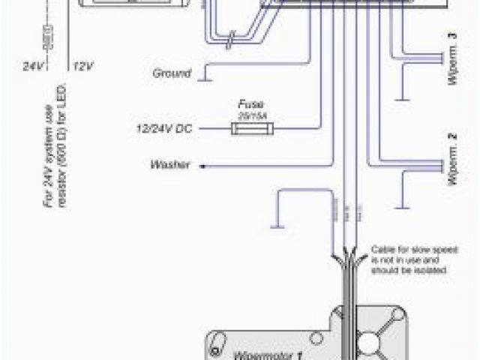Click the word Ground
(x=170, y=73)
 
